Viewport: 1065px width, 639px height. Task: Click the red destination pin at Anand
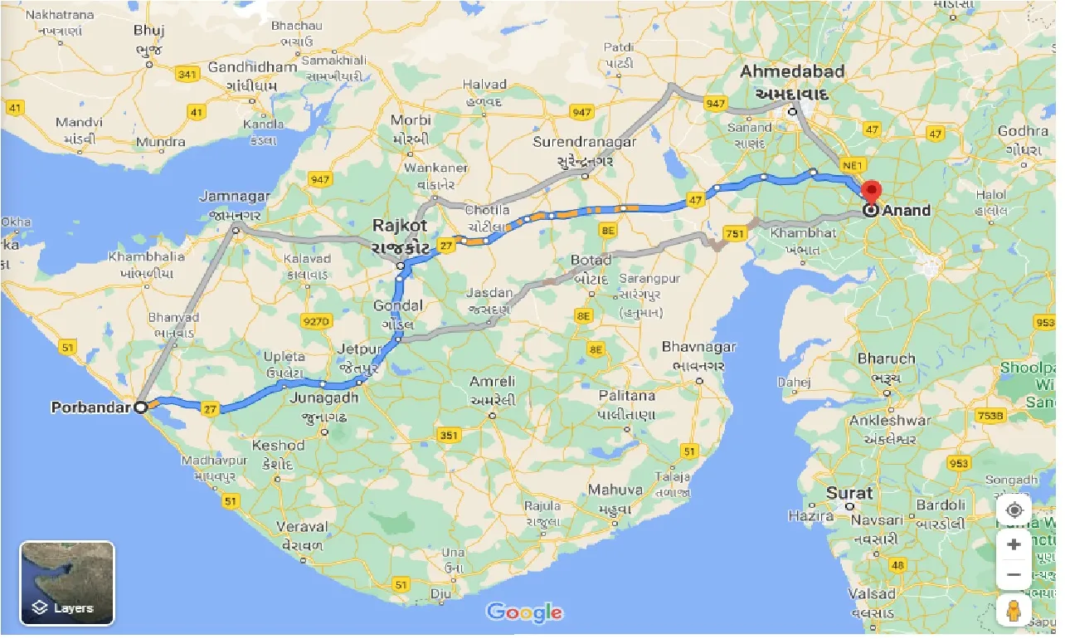(871, 192)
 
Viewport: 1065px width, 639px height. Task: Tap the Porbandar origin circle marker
(141, 407)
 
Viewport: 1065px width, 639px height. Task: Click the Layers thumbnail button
(67, 583)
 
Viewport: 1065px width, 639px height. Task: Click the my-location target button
(1014, 510)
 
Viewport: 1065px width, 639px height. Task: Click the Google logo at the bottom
(524, 613)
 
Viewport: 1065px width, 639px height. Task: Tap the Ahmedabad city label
(792, 71)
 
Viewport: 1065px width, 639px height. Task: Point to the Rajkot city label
(400, 226)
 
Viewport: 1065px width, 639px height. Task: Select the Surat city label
(849, 493)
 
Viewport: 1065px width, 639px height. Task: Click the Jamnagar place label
(235, 197)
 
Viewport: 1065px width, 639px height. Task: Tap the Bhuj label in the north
(150, 31)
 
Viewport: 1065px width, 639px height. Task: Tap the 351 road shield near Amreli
(449, 435)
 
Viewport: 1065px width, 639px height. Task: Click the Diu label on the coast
(440, 594)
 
